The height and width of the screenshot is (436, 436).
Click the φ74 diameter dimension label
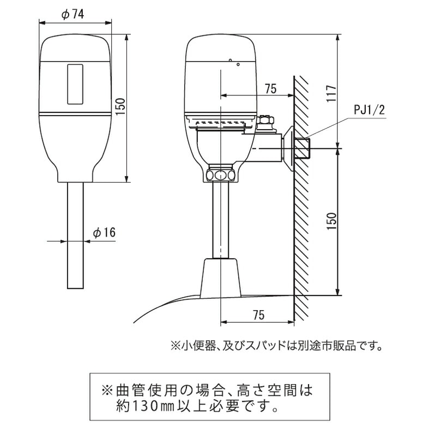(72, 15)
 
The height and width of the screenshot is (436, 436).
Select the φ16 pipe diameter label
(104, 233)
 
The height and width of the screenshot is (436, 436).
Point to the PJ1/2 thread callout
(370, 110)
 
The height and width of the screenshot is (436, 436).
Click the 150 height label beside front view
(120, 108)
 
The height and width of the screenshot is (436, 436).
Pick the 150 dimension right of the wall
(331, 221)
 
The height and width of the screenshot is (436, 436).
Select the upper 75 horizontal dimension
(270, 89)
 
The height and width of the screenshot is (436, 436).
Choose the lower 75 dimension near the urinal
(258, 315)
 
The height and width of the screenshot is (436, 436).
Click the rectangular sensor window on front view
(75, 84)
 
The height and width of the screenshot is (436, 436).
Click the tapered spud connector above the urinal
(221, 278)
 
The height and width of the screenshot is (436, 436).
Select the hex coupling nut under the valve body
(221, 174)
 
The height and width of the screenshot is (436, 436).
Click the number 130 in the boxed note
(145, 407)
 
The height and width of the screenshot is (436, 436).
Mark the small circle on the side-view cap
(238, 64)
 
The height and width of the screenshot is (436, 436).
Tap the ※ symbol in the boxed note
(106, 390)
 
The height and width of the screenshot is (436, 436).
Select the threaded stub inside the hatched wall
(302, 148)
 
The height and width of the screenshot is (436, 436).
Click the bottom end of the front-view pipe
(75, 288)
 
